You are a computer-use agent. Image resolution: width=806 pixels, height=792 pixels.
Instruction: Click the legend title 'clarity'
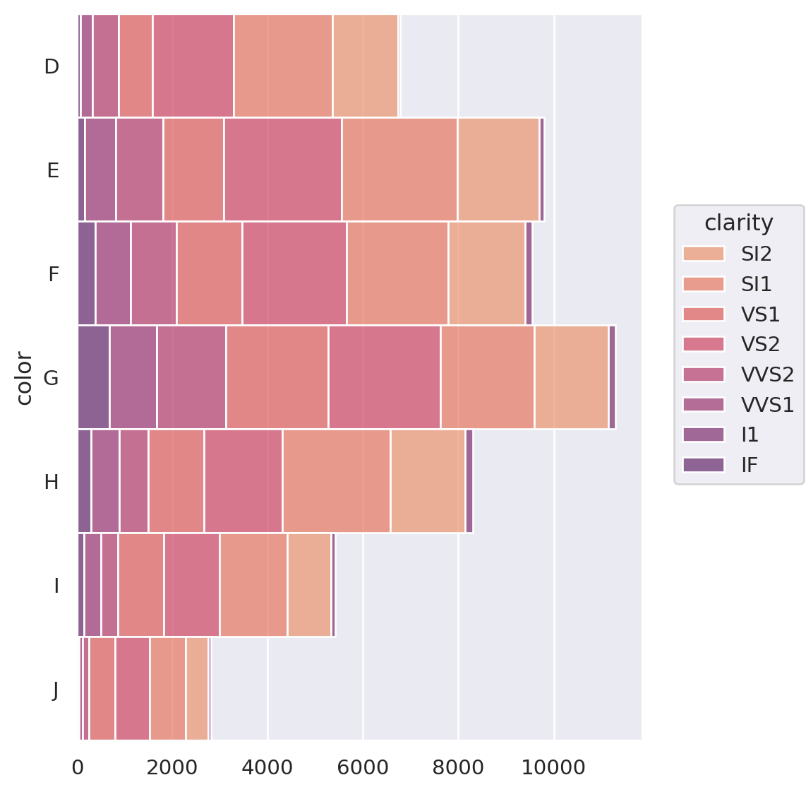pos(738,223)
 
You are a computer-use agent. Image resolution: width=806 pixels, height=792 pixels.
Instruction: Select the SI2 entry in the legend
pos(756,254)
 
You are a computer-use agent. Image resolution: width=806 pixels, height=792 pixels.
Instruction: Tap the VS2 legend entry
pos(759,344)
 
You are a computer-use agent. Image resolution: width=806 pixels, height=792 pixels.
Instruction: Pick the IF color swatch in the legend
pos(703,465)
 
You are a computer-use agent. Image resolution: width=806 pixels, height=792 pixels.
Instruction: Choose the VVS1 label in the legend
pos(767,405)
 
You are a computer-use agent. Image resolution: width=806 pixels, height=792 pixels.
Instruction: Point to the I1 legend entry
pos(750,435)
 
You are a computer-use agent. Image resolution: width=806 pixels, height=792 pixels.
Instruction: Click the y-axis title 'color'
pos(25,378)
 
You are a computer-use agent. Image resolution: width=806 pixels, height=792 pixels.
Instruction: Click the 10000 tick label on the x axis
pos(553,767)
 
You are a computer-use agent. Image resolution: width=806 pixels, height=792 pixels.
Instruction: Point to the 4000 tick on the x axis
pos(267,767)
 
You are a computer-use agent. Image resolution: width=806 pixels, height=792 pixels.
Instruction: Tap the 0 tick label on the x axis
pos(78,767)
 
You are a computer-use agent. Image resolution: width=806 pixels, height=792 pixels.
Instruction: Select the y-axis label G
pos(51,378)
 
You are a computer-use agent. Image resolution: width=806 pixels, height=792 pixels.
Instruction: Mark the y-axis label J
pos(55,690)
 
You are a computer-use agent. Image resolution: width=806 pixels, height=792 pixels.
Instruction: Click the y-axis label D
pos(52,66)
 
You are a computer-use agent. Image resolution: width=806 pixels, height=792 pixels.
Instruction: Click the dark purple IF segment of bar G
pos(93,377)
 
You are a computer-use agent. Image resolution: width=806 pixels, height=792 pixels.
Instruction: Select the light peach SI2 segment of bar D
pos(365,66)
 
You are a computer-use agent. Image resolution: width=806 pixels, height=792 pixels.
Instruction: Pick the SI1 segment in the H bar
pos(336,481)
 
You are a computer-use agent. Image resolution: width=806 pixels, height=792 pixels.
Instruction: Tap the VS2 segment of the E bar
pos(282,170)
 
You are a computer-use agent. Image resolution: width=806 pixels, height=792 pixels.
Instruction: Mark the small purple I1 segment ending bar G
pos(612,377)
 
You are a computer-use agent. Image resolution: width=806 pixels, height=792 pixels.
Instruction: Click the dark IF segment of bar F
pos(86,273)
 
